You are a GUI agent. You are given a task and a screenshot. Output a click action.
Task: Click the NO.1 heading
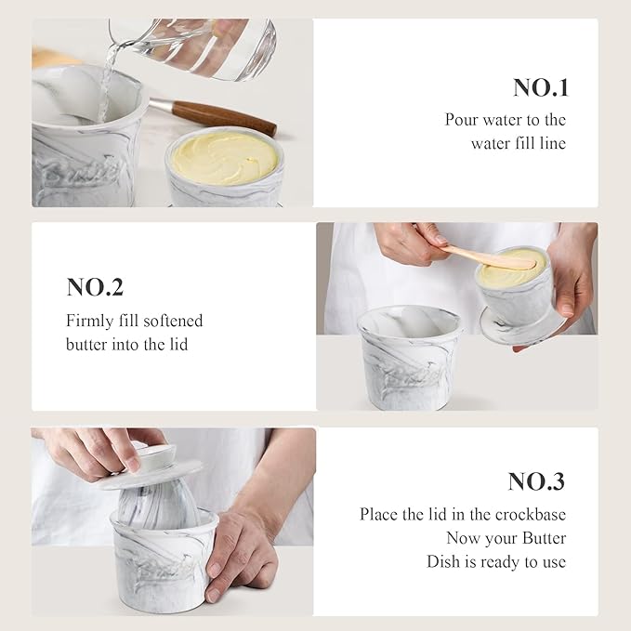pyautogui.click(x=540, y=88)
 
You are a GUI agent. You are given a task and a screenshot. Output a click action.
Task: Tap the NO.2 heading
pyautogui.click(x=95, y=287)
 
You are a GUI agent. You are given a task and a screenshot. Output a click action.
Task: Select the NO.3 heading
pyautogui.click(x=536, y=482)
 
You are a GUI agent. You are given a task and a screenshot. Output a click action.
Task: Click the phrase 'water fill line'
pyautogui.click(x=519, y=143)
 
